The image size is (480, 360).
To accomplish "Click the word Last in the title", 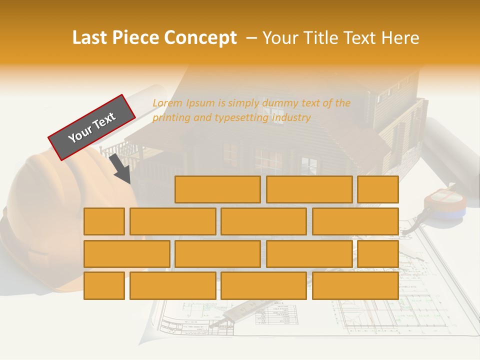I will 90,38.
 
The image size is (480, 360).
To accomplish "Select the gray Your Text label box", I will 92,127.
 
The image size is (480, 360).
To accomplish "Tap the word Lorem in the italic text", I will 167,103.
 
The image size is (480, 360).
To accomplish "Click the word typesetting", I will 241,118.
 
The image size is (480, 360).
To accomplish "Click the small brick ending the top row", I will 377,189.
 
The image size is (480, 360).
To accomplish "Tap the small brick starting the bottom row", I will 104,285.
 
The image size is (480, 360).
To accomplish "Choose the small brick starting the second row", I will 104,221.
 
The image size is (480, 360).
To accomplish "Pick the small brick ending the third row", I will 377,253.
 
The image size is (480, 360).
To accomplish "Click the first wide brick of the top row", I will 217,189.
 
